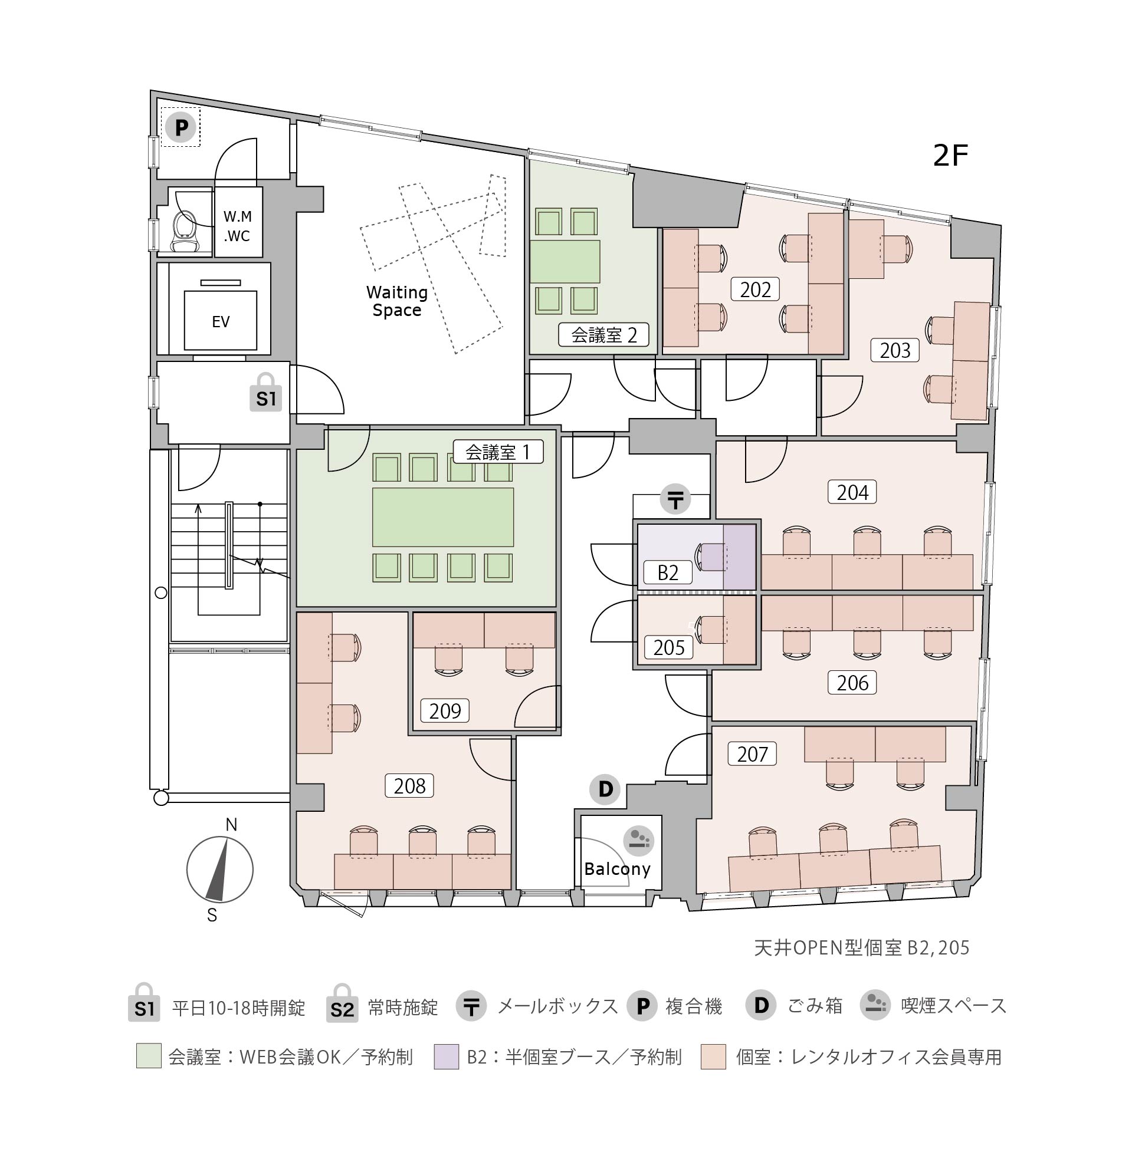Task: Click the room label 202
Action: (x=755, y=289)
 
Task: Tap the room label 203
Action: (x=895, y=350)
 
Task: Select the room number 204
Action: (x=852, y=492)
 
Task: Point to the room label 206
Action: (x=852, y=682)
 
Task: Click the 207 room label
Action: (x=752, y=754)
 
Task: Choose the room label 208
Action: (x=409, y=786)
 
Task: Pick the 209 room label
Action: (x=444, y=710)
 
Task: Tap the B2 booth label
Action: (x=668, y=572)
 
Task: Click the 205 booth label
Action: (x=669, y=647)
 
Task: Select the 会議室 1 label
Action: (x=498, y=452)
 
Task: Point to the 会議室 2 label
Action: (x=604, y=335)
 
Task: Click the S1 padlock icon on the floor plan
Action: (x=266, y=392)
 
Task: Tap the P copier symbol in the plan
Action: (x=181, y=127)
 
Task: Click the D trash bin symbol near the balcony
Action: (x=605, y=789)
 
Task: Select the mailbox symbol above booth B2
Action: (x=676, y=499)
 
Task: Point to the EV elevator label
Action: (x=221, y=322)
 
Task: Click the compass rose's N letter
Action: (x=231, y=825)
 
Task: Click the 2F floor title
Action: (x=951, y=156)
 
